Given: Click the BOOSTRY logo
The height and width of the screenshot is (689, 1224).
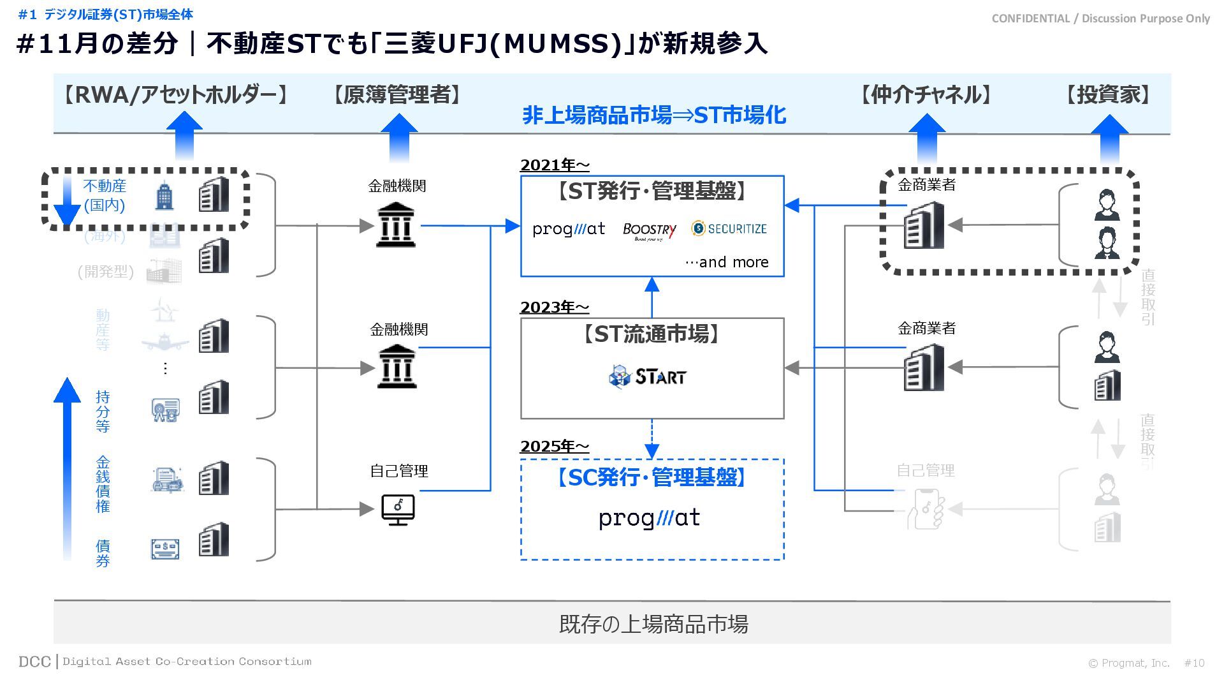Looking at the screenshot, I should point(649,230).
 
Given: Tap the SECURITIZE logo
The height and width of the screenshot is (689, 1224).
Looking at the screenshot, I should point(729,228).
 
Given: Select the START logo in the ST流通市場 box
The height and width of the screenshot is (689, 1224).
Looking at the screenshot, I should point(648,376).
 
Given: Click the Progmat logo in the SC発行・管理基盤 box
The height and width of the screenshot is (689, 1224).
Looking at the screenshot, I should point(649,518).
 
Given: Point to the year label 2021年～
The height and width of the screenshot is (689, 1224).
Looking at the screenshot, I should point(555,165).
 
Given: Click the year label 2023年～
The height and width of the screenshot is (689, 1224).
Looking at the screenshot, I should point(555,307).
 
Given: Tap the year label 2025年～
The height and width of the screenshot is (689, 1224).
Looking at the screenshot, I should point(555,447).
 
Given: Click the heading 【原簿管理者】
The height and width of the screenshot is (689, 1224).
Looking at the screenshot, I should point(397,95).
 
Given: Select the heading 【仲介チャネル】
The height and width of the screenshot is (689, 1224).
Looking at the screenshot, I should point(926,95).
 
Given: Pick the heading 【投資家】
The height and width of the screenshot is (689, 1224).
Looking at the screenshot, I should point(1109,95).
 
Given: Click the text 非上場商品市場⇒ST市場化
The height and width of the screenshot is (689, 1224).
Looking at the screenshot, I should point(654,115).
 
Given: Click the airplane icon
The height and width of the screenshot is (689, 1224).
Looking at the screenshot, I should point(165,342).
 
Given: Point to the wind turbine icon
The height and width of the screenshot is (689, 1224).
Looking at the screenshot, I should point(165,311).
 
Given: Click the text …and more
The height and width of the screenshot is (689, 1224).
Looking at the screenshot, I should point(727,262).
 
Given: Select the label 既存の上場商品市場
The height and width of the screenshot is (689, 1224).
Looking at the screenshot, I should point(653,623).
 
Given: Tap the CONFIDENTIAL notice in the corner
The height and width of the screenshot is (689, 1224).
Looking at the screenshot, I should point(1100,19).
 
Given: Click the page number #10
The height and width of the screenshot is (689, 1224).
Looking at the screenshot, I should point(1194,663).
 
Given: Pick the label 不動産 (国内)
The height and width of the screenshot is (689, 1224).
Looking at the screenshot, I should point(105,195).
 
